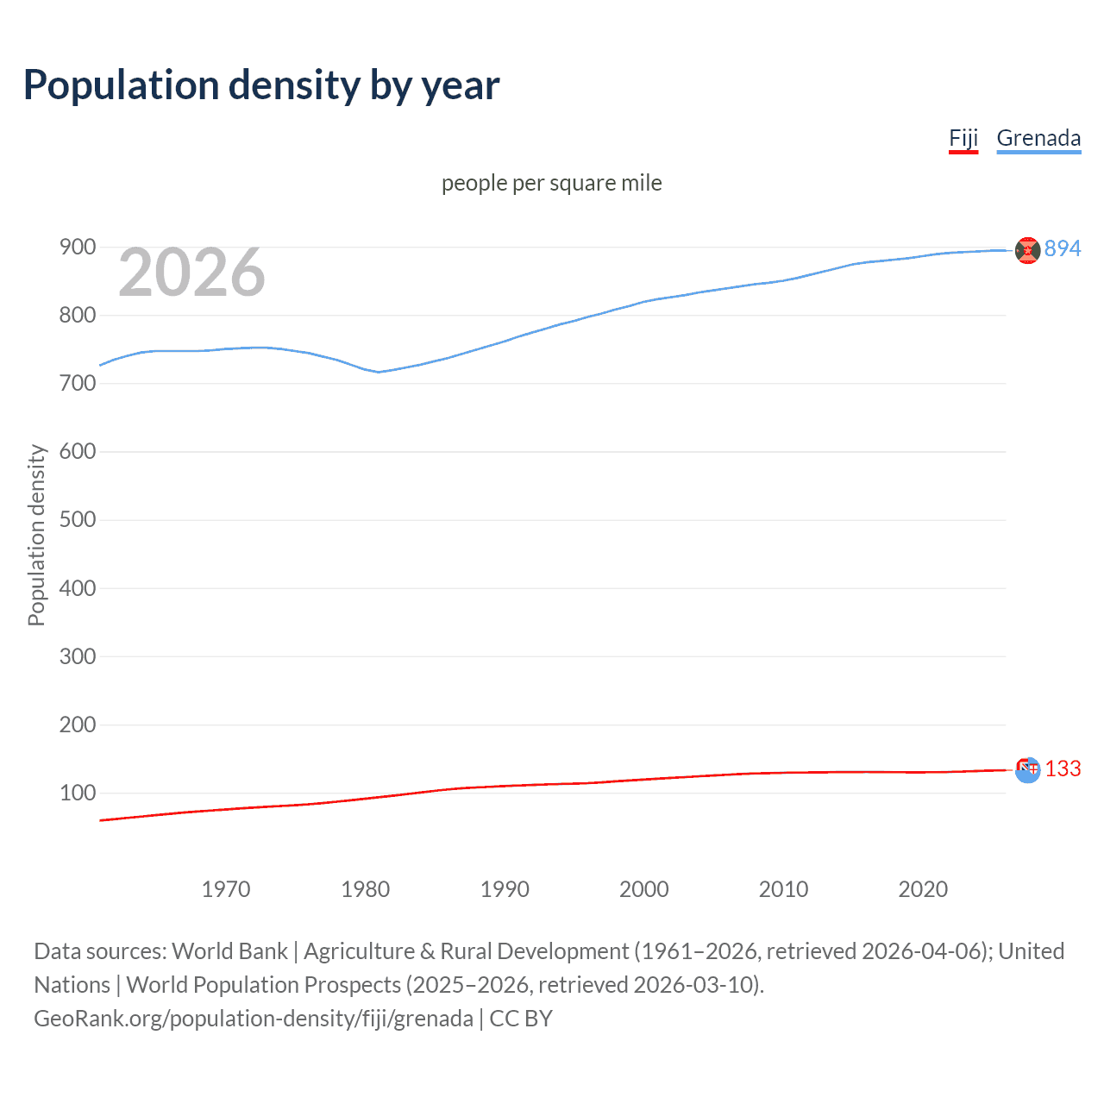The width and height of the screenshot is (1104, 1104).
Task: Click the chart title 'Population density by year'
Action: tap(261, 85)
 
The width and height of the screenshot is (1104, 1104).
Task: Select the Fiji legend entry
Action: tap(963, 139)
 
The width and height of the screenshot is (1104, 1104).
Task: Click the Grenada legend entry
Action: tap(1038, 139)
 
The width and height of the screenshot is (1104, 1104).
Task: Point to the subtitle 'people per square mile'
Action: tap(551, 184)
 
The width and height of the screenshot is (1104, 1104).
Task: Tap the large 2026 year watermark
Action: tap(191, 273)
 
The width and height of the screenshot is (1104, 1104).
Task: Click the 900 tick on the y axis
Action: tap(77, 248)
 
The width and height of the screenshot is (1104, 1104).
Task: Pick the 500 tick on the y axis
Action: tap(77, 520)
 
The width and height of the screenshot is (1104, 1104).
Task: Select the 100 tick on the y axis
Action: tap(77, 793)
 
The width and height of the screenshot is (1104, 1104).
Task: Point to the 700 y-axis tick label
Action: tap(77, 384)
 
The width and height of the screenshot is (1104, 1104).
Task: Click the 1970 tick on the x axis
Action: tap(226, 889)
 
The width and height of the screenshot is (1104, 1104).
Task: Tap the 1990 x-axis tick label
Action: tap(505, 889)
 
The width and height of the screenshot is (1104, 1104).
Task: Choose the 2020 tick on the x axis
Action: tap(923, 889)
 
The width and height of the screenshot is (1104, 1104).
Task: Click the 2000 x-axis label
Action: tap(644, 889)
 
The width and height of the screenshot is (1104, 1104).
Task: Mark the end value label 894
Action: tap(1063, 249)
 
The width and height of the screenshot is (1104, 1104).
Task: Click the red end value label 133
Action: tap(1063, 769)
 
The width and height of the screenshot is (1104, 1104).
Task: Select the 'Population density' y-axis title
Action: tap(36, 535)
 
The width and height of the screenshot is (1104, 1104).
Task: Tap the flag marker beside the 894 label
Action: tap(1027, 250)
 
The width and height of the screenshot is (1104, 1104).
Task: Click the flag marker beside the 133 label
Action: tap(1027, 769)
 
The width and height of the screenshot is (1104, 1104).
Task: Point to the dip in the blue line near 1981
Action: tap(378, 372)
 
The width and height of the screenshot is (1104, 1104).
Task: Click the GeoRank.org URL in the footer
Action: tap(254, 1019)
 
